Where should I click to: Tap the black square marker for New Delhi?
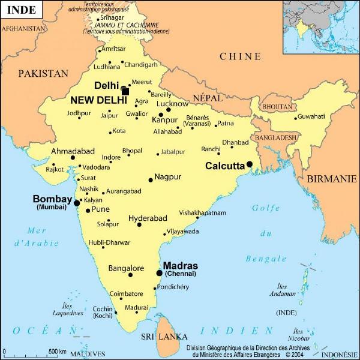click(125, 91)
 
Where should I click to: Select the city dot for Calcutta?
click(249, 164)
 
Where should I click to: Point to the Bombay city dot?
click(76, 203)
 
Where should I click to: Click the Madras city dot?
click(159, 273)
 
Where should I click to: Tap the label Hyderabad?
click(148, 218)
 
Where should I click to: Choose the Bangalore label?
click(126, 268)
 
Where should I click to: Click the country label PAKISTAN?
click(43, 73)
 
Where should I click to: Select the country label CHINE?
click(240, 56)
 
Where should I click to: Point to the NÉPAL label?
click(208, 97)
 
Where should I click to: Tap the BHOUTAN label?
click(278, 106)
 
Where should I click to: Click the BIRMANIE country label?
click(331, 179)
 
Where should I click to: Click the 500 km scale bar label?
click(58, 351)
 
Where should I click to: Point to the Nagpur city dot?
click(151, 179)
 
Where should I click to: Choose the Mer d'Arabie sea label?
click(37, 236)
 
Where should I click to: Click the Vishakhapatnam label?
click(203, 212)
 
